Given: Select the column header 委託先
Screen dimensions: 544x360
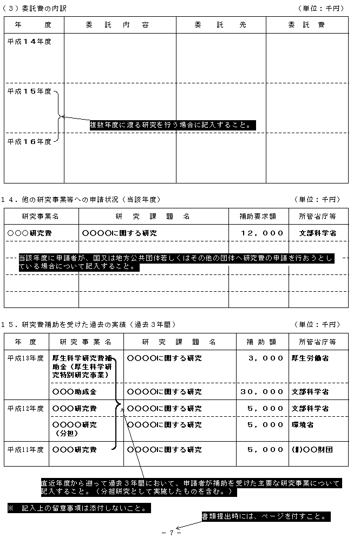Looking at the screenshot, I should point(220,25).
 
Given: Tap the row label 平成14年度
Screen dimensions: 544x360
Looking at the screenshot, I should point(29,41).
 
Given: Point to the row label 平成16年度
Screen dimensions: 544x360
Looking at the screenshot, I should point(29,141).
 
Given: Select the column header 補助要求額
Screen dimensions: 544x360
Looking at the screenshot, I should point(258,217).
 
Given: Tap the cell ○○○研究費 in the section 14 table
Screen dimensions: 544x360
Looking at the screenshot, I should point(30,233).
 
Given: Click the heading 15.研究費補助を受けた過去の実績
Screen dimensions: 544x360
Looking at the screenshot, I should point(91,324).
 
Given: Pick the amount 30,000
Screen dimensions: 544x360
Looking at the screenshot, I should point(261,391).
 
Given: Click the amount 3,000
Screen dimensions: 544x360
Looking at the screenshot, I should point(265,358).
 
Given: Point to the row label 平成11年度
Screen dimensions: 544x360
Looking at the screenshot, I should point(26,449).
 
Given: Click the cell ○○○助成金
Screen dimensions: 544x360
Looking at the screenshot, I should point(74,391).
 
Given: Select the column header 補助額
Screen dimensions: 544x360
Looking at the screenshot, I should point(261,342).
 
